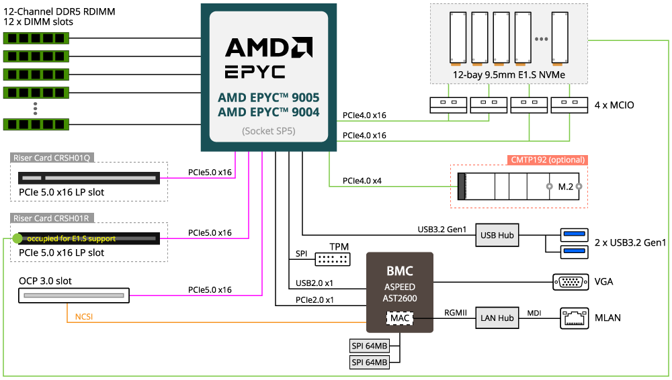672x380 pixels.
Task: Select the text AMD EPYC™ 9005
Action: tap(268, 97)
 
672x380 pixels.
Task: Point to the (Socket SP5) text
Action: tap(268, 131)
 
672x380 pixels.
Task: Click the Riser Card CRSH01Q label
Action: tap(52, 158)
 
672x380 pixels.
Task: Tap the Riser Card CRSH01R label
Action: tap(52, 218)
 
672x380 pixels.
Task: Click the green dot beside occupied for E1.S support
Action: tap(17, 238)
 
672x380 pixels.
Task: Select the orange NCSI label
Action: tap(83, 316)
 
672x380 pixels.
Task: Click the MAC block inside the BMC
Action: tap(399, 317)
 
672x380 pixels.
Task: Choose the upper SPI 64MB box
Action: tap(370, 346)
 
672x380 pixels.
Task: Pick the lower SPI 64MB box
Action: tap(370, 363)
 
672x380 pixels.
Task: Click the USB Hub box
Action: tap(497, 236)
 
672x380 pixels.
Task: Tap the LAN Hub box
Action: tap(497, 318)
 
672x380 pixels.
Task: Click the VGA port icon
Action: tap(574, 282)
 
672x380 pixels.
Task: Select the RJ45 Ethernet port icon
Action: tap(574, 318)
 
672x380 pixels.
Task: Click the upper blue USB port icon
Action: tap(574, 234)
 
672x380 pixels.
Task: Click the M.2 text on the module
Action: tap(565, 186)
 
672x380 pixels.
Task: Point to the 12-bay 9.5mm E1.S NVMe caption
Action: tap(508, 75)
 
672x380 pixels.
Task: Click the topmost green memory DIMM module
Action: tap(36, 38)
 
